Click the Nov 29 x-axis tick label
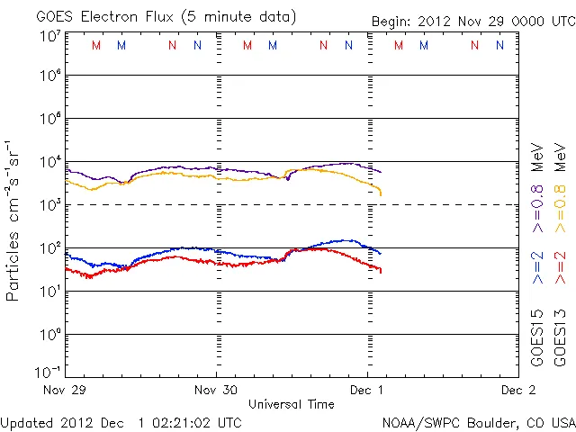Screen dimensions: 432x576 (67, 391)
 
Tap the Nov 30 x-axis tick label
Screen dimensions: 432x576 (217, 391)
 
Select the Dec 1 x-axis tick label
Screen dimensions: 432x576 (367, 391)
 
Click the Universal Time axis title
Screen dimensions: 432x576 (292, 404)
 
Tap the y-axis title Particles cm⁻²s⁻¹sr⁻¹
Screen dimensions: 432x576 (13, 220)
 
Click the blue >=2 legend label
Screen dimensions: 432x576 (538, 266)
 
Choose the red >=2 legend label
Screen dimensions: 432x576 (561, 266)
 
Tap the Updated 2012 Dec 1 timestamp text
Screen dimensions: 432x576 (121, 421)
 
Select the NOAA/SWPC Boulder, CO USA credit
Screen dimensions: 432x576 (478, 421)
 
